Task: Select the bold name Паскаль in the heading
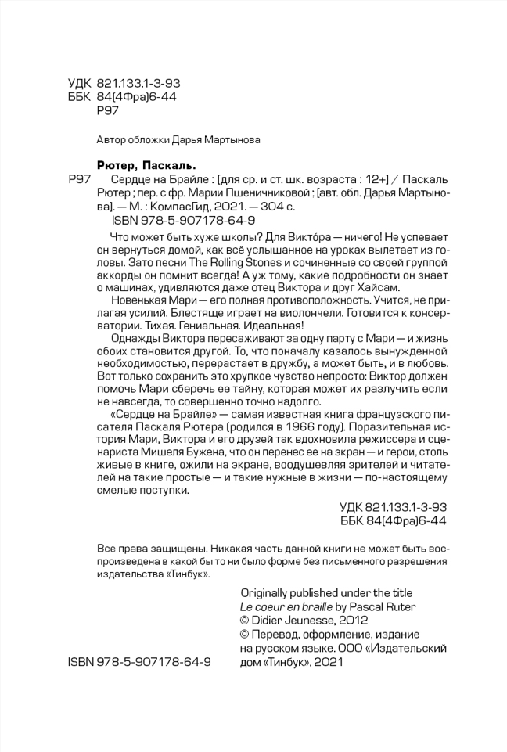point(168,165)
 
